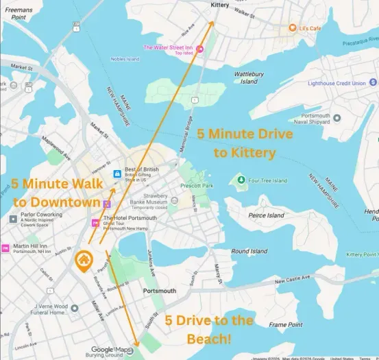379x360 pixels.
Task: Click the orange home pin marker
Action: [x=84, y=261]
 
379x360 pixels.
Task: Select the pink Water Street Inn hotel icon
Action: [x=200, y=48]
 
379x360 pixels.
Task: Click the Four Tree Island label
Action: [x=268, y=181]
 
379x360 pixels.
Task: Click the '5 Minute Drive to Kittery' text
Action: [x=245, y=143]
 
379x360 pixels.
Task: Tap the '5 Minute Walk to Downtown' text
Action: [x=56, y=193]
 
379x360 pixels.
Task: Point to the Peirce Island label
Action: [x=265, y=215]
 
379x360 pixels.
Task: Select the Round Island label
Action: [x=249, y=252]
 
